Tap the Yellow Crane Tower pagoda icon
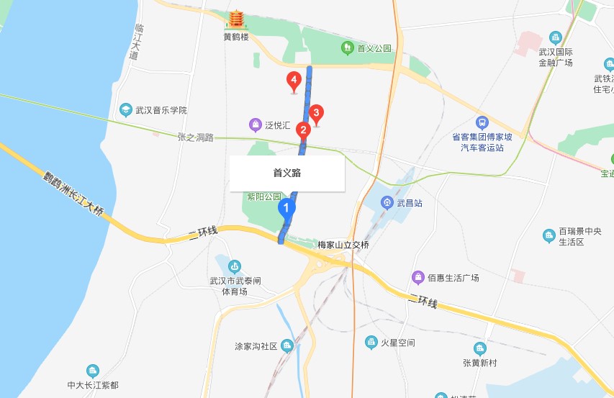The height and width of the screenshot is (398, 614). click(x=235, y=20)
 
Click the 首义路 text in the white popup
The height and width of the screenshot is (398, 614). click(x=286, y=173)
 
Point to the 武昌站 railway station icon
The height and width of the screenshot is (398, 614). click(x=388, y=203)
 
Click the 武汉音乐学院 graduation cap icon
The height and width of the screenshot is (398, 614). click(x=125, y=110)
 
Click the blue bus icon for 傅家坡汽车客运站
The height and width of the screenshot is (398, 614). click(x=482, y=123)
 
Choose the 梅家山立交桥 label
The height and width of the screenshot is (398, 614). click(x=343, y=245)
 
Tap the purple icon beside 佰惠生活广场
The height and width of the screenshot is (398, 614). click(x=417, y=277)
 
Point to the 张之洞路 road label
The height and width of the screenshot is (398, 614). click(x=196, y=137)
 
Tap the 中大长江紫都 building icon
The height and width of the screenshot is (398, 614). click(x=92, y=371)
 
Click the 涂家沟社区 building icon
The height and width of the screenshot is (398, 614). click(x=287, y=345)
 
